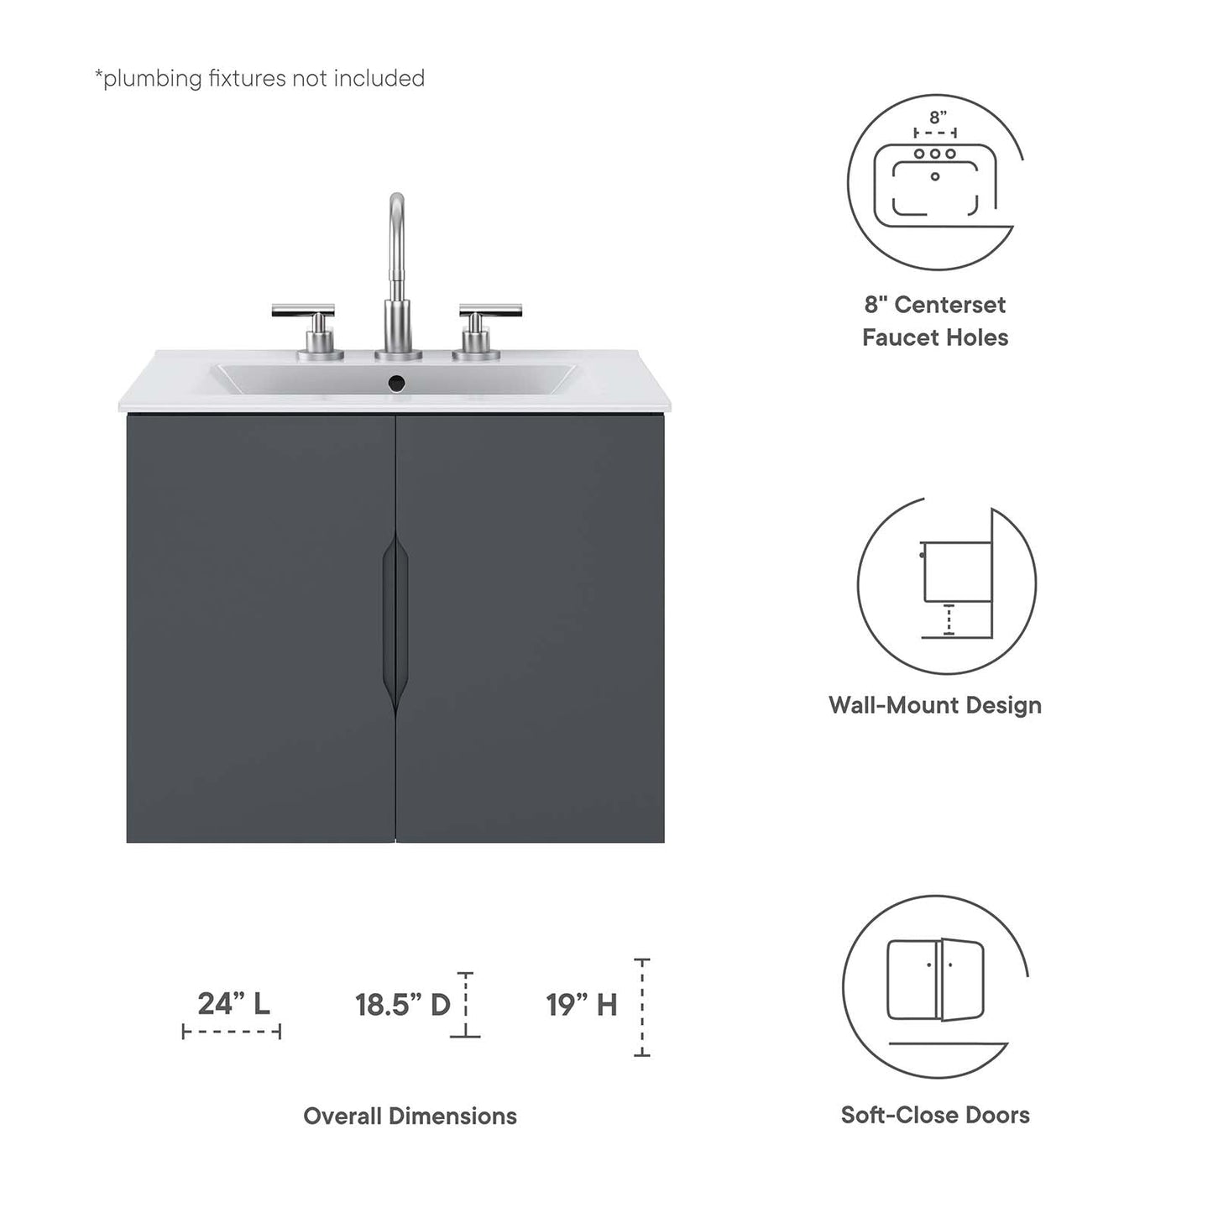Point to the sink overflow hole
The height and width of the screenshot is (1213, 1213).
tap(396, 384)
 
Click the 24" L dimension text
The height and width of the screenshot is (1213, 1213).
tap(233, 1003)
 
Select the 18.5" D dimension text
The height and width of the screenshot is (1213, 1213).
tap(403, 1005)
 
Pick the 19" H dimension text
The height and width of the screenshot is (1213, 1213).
tap(582, 1005)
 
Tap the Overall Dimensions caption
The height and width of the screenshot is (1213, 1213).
tap(410, 1116)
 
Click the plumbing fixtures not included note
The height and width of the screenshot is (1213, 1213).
tap(259, 78)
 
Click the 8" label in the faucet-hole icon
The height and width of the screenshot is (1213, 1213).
tap(937, 118)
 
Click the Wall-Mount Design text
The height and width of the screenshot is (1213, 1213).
tap(935, 705)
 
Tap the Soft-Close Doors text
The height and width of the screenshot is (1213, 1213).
tap(935, 1115)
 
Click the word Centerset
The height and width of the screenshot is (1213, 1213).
tap(949, 305)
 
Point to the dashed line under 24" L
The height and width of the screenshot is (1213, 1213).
tap(232, 1032)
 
